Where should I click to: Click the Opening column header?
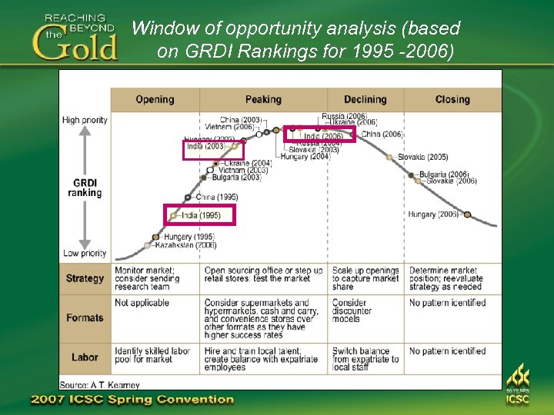click(155, 99)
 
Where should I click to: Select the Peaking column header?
click(263, 99)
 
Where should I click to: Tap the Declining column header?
click(365, 99)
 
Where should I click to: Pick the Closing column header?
click(452, 99)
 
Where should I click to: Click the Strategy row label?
click(85, 278)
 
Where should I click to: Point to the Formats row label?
click(85, 317)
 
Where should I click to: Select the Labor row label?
click(85, 357)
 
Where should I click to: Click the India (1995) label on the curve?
click(201, 215)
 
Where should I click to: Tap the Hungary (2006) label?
click(433, 214)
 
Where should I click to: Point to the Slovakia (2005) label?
click(423, 157)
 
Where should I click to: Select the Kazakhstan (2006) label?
click(185, 245)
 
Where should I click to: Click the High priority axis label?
click(85, 120)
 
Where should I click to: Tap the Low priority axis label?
click(85, 253)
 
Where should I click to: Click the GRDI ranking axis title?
click(85, 188)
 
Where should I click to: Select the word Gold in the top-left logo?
click(75, 45)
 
